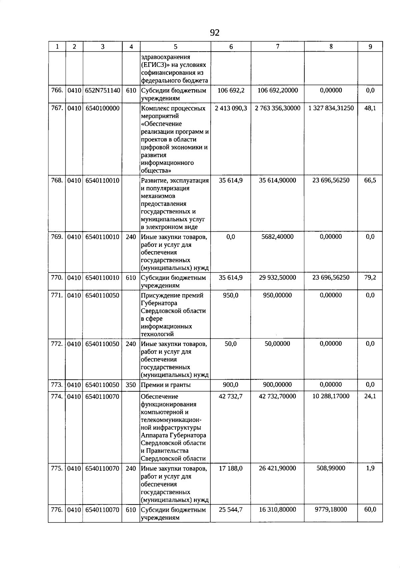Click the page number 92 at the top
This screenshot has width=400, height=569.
click(215, 33)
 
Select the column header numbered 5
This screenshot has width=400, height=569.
click(175, 47)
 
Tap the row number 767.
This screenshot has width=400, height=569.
click(57, 108)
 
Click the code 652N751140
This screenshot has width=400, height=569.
click(102, 91)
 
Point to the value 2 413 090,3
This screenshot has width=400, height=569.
click(231, 108)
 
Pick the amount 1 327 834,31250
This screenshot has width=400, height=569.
click(331, 108)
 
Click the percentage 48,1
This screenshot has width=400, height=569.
click(370, 108)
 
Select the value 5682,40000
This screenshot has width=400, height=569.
click(277, 237)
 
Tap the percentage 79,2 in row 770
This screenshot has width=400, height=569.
click(370, 278)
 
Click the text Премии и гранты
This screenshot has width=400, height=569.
click(166, 385)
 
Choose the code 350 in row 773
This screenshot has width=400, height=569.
click(131, 385)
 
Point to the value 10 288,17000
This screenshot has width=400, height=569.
click(331, 396)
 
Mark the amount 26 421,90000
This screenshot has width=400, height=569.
click(277, 468)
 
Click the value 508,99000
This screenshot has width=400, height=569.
click(331, 468)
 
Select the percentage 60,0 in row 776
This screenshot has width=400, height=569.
click(370, 510)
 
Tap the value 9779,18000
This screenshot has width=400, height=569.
click(331, 510)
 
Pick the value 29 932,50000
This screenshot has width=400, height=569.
click(277, 278)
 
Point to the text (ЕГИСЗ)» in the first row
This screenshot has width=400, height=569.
click(154, 65)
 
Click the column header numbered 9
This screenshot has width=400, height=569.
click(370, 47)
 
